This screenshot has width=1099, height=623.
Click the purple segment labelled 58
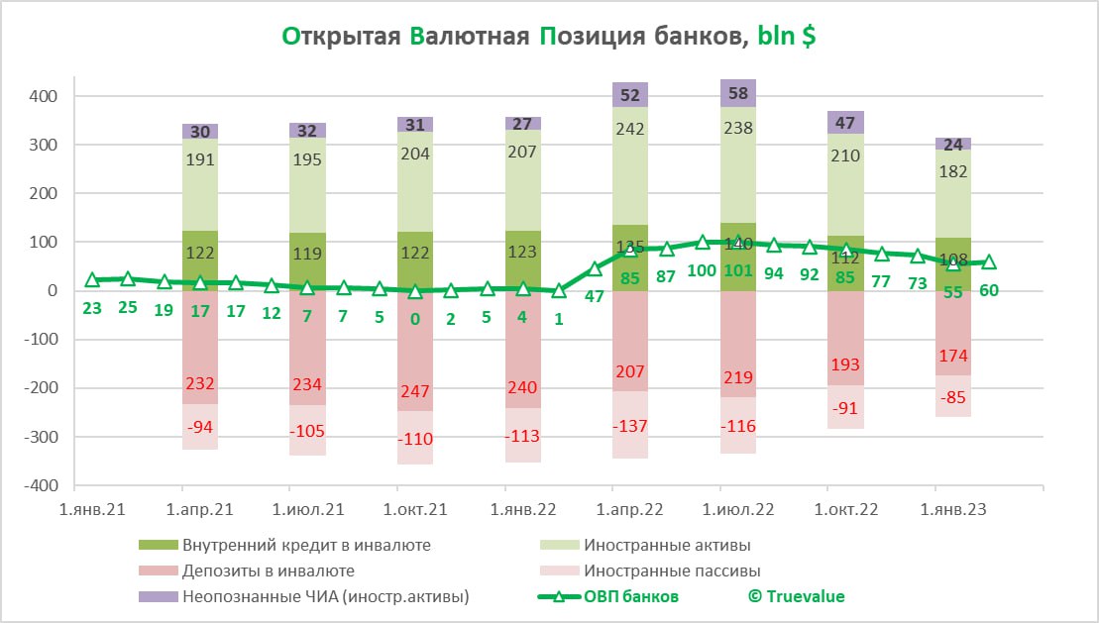click(737, 93)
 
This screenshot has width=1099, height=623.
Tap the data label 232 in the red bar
click(199, 384)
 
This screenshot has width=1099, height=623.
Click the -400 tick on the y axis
click(43, 485)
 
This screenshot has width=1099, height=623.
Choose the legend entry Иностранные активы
click(667, 545)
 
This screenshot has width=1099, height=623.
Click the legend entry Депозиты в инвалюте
click(268, 571)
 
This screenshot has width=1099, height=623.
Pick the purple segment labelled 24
click(952, 144)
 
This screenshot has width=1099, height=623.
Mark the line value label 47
click(596, 297)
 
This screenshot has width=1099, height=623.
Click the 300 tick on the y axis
click(46, 145)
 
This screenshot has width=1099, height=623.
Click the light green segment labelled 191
click(199, 188)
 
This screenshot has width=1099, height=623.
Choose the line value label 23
click(92, 308)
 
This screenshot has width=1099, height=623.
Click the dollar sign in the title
click(810, 37)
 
